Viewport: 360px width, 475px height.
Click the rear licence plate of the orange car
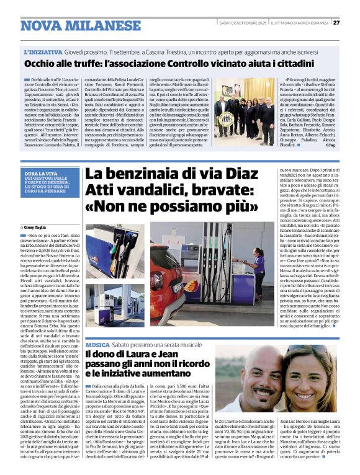coord(178,287)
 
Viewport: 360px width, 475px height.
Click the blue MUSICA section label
coord(98,344)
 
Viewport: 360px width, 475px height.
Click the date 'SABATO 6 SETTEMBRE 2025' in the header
coord(243,23)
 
